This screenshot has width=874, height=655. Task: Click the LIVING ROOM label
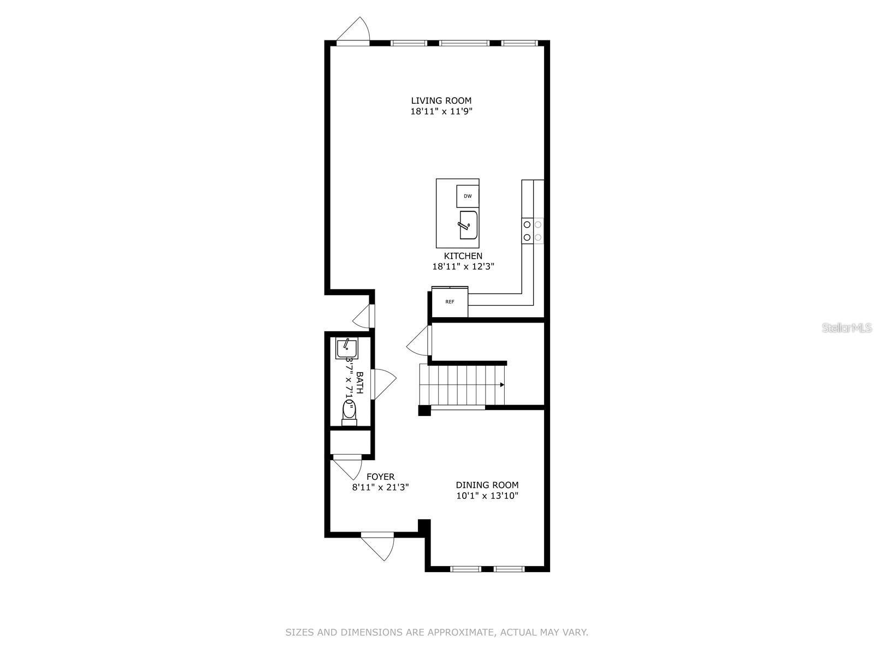coord(441,100)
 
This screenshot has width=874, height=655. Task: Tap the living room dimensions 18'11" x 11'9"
coord(441,111)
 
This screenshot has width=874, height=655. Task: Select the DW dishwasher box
coord(468,196)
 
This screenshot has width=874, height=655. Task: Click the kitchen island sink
coord(469,225)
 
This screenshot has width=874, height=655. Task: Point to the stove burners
coord(532,230)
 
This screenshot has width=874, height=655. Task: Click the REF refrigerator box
coord(450,302)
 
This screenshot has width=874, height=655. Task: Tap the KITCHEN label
coord(463,256)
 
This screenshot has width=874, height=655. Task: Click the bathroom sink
coord(346,348)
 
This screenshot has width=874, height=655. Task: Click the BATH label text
coord(359,383)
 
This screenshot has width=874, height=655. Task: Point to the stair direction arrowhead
coord(501,384)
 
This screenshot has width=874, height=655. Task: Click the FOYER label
coord(380,477)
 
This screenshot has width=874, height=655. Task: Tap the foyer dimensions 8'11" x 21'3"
coord(380,487)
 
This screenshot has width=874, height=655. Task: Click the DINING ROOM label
coord(487,485)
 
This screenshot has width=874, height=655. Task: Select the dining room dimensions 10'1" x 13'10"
coord(487,496)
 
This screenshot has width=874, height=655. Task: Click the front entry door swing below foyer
coord(379,546)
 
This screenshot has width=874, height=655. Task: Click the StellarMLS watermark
coord(847,328)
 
